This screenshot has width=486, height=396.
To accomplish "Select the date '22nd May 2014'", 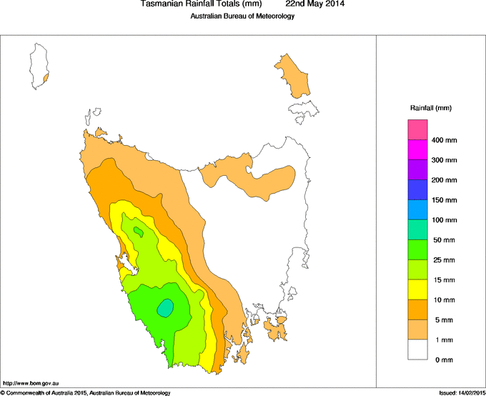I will point(315,4).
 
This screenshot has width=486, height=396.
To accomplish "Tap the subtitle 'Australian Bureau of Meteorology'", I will point(242,16).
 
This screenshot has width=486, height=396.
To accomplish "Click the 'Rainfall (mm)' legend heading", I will point(430,108).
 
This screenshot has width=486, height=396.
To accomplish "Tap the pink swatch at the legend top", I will point(417,129).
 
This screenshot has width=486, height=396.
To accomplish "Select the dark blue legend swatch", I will point(417,189).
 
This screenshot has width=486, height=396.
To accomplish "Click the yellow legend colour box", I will point(417,289).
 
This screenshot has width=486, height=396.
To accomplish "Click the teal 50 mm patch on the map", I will point(165,307).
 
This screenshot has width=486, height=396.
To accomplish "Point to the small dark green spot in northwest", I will point(137,230).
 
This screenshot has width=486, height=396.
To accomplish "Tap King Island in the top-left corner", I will point(38,66).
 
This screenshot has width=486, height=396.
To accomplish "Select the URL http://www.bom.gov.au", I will point(31,384).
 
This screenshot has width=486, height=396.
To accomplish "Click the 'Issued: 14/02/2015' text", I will point(461,392).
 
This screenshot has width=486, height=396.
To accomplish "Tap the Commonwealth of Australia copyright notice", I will point(86,392).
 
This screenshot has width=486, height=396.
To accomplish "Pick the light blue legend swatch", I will point(417,209).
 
